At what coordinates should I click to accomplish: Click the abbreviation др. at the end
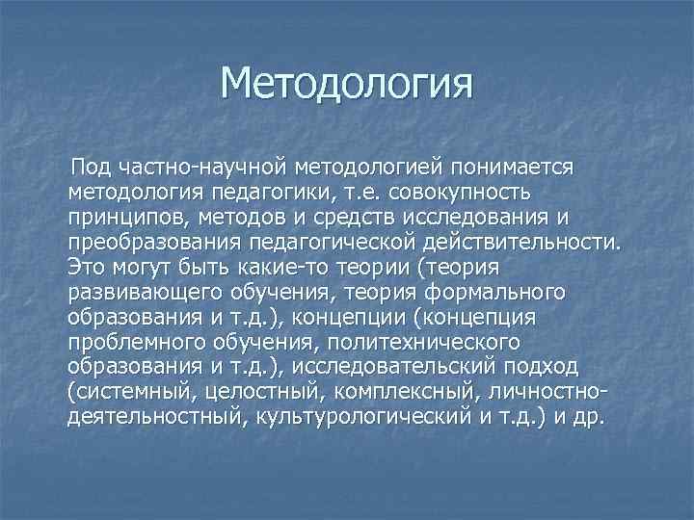(583, 417)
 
